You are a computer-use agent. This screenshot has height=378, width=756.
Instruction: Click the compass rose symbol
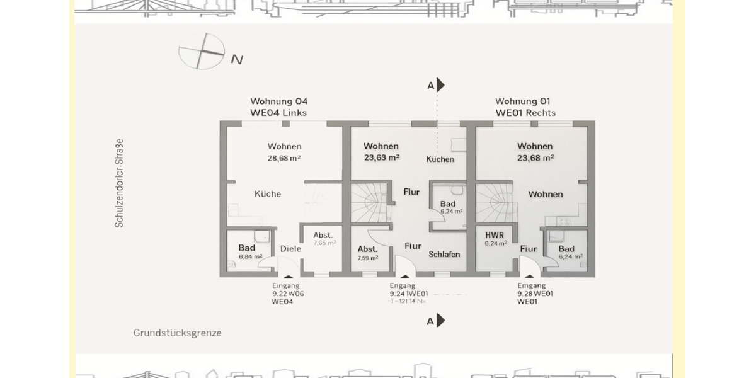tap(201, 52)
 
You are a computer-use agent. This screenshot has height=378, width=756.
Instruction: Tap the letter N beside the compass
tap(237, 60)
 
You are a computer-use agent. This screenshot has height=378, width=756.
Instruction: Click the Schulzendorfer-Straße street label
tap(120, 183)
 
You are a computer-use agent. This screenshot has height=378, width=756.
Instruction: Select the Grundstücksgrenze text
tap(178, 333)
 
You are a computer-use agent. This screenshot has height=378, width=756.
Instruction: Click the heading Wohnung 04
tap(279, 101)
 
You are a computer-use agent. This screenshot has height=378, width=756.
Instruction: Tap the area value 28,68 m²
tap(284, 158)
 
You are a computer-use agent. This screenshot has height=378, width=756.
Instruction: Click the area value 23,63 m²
tap(382, 158)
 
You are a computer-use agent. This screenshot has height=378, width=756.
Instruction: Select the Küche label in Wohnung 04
tap(268, 194)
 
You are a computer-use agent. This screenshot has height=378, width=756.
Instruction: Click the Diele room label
tap(291, 249)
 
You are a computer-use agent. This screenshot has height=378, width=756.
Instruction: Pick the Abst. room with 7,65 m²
tap(324, 238)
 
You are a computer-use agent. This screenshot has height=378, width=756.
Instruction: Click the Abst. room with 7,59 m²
tap(368, 253)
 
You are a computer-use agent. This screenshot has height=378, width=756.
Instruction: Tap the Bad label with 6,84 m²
tap(247, 251)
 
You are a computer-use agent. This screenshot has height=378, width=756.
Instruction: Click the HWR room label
tap(495, 235)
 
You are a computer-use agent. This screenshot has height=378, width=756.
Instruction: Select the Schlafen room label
tap(444, 255)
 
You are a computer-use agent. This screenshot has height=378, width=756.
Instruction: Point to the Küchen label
tap(440, 159)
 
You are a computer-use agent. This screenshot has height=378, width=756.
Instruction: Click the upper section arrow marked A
tap(440, 85)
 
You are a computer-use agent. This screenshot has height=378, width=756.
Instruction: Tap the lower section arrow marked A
tap(440, 320)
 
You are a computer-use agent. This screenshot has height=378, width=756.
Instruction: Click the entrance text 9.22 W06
tap(289, 294)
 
